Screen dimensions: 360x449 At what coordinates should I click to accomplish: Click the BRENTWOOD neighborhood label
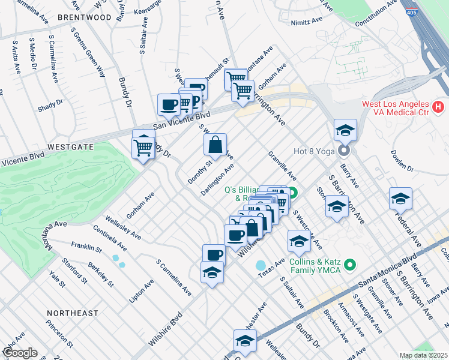click(85, 17)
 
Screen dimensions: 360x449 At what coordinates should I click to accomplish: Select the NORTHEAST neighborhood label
click(73, 313)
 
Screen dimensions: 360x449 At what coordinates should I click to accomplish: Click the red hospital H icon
click(438, 107)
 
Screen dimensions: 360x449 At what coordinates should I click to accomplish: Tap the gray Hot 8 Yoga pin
click(344, 150)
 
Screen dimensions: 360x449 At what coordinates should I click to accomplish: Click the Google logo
click(20, 353)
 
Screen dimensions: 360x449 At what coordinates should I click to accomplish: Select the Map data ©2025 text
click(423, 355)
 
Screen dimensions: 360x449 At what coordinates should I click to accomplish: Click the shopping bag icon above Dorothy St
click(215, 145)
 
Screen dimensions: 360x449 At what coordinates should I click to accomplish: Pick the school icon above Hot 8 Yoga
click(345, 130)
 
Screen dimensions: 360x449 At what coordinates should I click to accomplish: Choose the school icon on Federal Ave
click(400, 198)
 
